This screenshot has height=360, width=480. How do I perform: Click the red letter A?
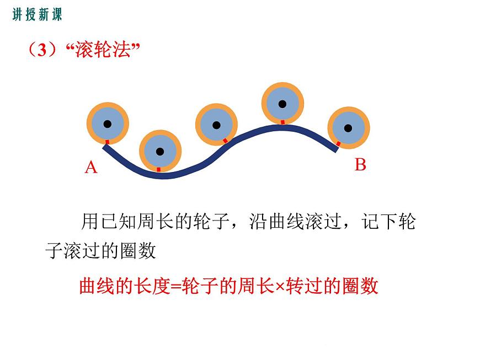click(x=91, y=168)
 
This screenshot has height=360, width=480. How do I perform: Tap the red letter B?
click(x=360, y=164)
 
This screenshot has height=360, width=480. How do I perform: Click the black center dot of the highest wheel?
click(x=282, y=104)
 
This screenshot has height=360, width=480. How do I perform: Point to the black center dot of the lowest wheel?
click(x=160, y=151)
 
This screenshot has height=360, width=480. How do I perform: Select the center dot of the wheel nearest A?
click(x=108, y=124)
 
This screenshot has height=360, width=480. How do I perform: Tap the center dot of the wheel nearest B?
click(x=348, y=128)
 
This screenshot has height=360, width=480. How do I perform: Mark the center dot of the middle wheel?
click(x=216, y=125)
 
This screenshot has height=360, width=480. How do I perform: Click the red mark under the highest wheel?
click(x=283, y=122)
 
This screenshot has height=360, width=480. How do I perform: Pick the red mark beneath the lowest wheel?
click(x=158, y=169)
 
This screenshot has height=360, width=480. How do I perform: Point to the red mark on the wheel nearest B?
click(x=338, y=143)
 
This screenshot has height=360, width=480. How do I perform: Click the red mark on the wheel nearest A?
click(x=108, y=142)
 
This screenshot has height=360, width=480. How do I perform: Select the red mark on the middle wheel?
click(x=225, y=141)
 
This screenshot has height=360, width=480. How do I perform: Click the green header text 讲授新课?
click(x=37, y=14)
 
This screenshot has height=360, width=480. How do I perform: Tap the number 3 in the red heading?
click(x=42, y=50)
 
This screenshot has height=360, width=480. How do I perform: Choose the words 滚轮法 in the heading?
click(x=103, y=50)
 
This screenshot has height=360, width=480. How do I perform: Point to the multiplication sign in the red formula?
click(x=280, y=287)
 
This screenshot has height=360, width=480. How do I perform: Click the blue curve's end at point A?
click(x=105, y=147)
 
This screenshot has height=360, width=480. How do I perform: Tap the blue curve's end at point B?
click(x=336, y=149)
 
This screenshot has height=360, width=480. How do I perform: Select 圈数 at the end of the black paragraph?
click(x=138, y=251)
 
